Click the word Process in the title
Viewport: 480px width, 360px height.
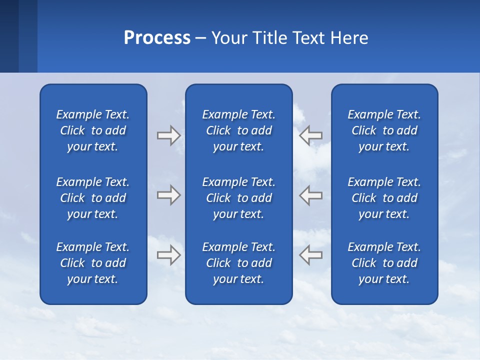[x=157, y=38]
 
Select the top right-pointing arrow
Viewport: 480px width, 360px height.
[x=168, y=135]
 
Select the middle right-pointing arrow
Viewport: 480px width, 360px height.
[x=168, y=195]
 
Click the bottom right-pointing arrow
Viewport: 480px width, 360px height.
[x=168, y=254]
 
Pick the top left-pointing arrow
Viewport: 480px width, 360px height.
[x=310, y=135]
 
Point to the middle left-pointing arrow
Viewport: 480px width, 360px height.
[x=310, y=195]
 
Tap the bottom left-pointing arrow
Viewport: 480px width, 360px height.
[x=310, y=254]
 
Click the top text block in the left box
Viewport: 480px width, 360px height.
[x=93, y=130]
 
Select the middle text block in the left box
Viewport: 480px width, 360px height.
[x=93, y=198]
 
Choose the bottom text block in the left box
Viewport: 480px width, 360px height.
[x=93, y=263]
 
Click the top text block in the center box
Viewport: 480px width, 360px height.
[x=239, y=130]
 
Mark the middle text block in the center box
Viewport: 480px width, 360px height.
[x=239, y=198]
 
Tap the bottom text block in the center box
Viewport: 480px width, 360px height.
[x=239, y=263]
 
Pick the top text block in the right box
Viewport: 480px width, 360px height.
[x=384, y=130]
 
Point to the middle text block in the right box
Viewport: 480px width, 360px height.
[x=384, y=198]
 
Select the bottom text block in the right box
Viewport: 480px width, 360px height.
[x=384, y=263]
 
